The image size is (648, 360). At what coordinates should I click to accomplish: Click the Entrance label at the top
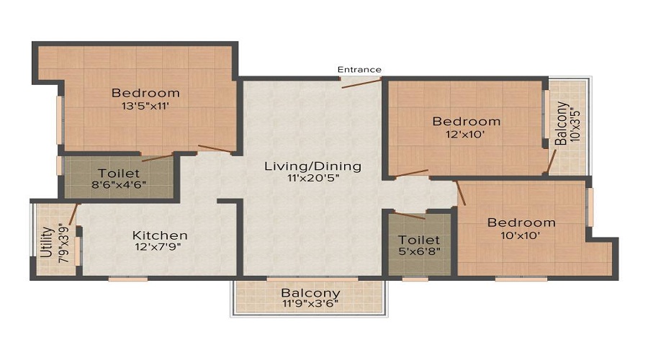[360, 70]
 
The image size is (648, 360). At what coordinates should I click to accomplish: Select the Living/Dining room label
[312, 166]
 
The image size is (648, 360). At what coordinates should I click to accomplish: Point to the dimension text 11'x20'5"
[312, 179]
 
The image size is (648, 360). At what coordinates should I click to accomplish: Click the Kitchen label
[160, 235]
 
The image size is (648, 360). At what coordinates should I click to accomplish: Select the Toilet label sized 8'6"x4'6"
[119, 174]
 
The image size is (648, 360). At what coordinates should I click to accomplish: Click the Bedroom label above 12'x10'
[466, 122]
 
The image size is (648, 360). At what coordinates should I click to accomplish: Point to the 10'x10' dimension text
[521, 235]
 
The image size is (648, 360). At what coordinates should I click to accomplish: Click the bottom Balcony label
[310, 293]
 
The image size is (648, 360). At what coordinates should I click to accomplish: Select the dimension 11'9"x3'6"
[310, 304]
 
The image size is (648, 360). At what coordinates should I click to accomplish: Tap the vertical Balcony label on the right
[561, 123]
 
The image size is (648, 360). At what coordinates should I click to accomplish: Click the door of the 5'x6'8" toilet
[410, 215]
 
